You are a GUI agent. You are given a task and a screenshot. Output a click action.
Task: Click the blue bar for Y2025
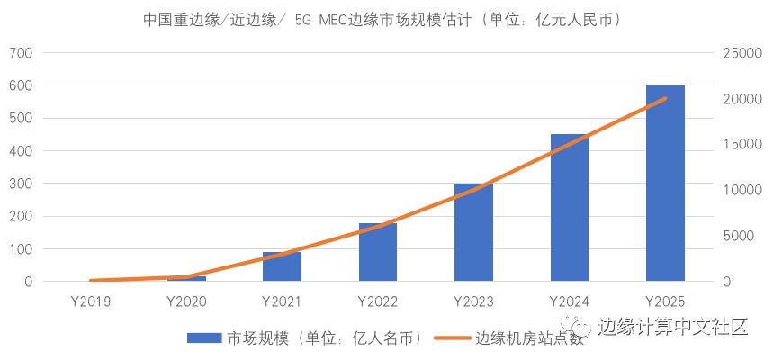point(665,184)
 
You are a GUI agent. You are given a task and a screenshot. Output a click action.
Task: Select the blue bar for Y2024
point(570,208)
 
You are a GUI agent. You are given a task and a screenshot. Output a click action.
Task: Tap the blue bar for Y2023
point(473,232)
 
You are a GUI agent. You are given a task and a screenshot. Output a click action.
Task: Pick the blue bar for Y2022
point(378,252)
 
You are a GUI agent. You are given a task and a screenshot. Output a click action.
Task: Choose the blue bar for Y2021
point(282,266)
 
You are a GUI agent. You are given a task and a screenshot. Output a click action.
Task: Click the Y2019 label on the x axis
point(90,300)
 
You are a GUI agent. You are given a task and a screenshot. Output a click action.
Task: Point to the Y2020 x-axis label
point(186,300)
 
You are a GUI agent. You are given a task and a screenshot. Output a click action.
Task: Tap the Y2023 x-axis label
point(473,300)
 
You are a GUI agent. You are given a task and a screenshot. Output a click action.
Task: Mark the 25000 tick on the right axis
point(743,53)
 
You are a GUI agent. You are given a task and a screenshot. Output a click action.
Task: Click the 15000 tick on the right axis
point(743,145)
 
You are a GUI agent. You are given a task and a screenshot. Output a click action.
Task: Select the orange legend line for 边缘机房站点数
point(452,338)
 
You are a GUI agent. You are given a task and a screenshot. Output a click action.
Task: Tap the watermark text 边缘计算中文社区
point(673,326)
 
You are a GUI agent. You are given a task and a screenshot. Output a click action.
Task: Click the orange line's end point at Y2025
point(665,98)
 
